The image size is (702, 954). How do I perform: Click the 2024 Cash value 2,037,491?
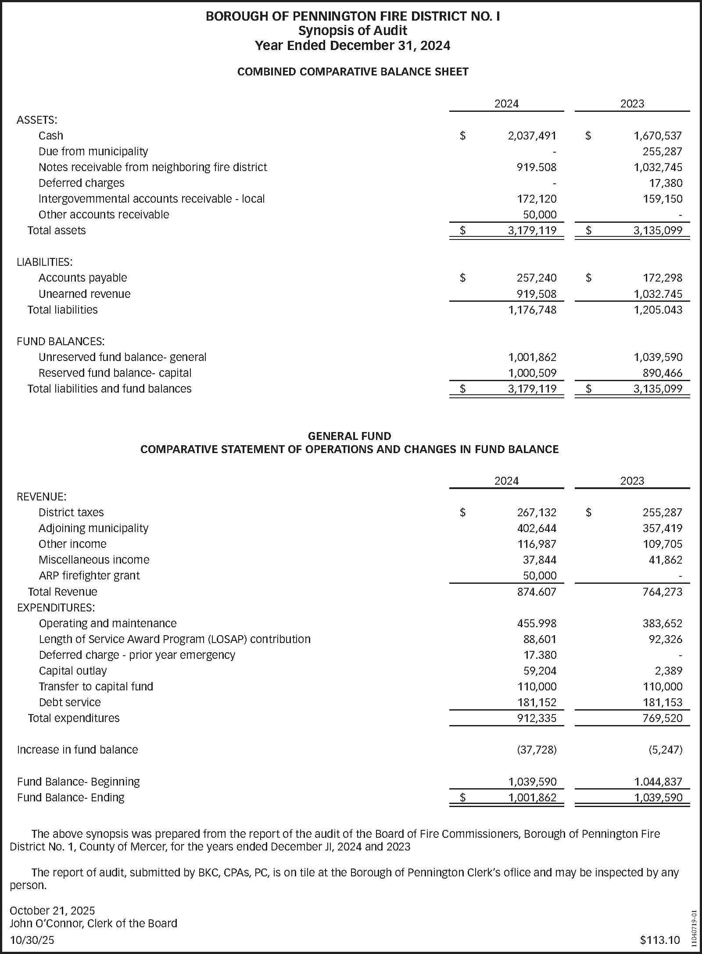532,136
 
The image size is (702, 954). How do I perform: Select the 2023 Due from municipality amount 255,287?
662,152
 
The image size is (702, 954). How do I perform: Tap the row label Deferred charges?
81,183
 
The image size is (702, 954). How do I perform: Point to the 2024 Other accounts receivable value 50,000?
540,215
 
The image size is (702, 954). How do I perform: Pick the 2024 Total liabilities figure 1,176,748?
532,310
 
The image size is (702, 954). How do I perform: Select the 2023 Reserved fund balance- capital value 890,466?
662,373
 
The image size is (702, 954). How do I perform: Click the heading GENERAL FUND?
349,436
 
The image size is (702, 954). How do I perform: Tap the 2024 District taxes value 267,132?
536,513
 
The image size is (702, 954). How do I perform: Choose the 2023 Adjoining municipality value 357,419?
662,529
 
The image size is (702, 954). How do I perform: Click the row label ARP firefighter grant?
89,576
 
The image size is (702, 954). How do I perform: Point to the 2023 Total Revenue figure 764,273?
662,592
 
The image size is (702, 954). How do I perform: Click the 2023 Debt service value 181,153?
662,703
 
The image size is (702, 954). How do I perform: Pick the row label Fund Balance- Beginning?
78,782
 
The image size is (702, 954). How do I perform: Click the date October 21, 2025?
52,911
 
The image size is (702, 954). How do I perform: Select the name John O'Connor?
46,923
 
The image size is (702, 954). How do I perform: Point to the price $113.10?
659,940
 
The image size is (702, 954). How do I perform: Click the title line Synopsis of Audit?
352,31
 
